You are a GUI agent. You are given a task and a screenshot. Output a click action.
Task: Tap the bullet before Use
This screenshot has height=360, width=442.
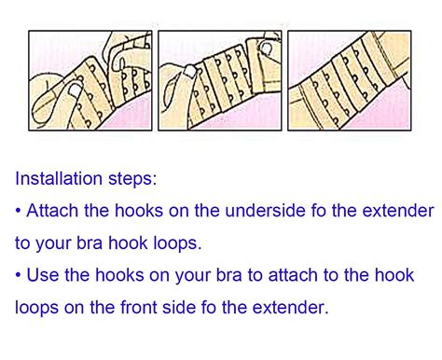click(20, 275)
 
